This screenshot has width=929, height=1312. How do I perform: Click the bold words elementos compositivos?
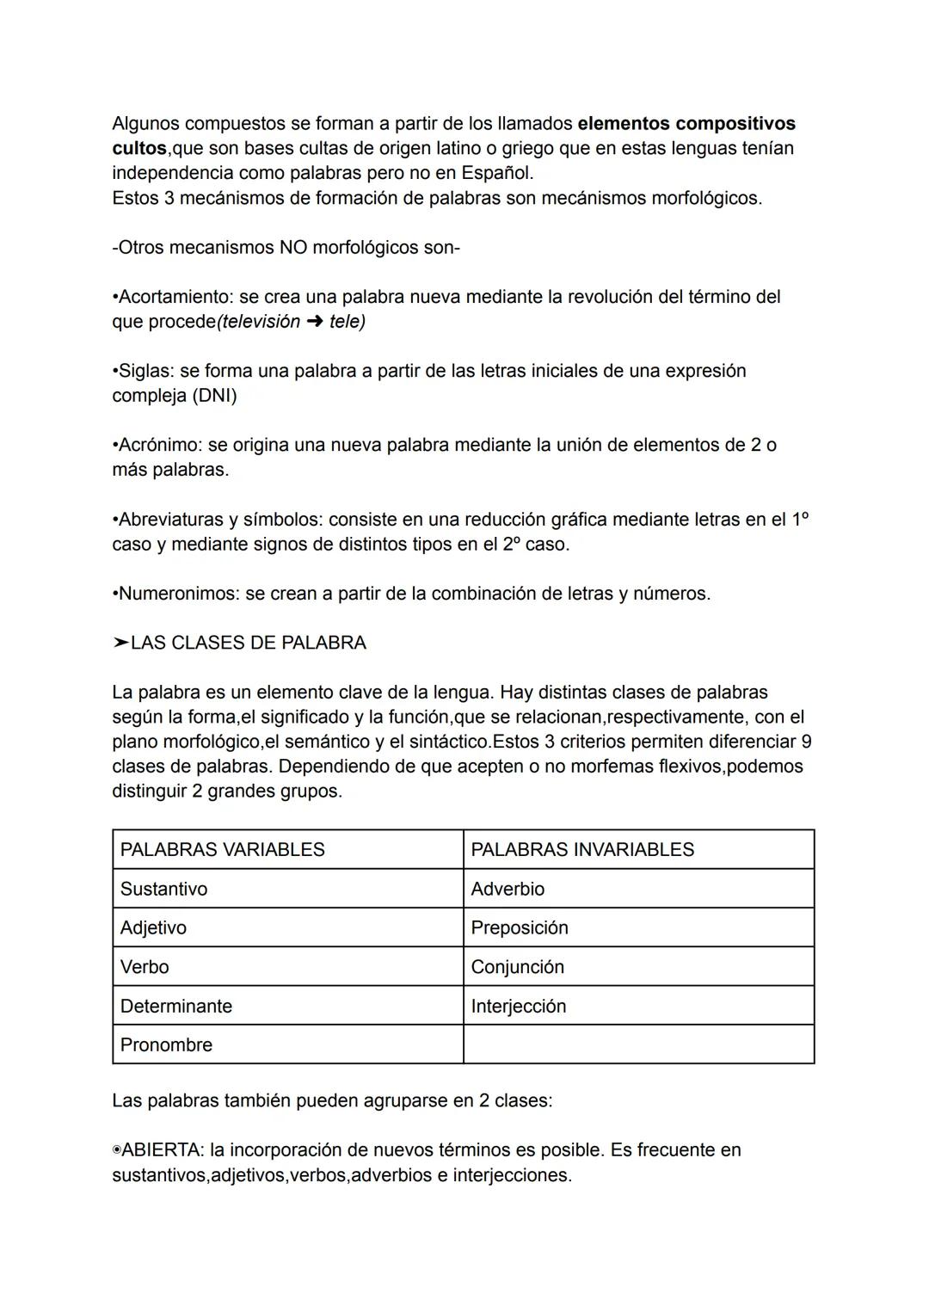coord(686,124)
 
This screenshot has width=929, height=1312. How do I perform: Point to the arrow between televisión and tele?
coord(314,323)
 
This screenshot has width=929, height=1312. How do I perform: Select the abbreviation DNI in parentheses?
coord(217,397)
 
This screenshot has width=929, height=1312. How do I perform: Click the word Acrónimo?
coord(158,446)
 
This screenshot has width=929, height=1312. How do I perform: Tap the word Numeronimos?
coord(178,594)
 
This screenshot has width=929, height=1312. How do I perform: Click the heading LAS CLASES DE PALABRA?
coord(248,644)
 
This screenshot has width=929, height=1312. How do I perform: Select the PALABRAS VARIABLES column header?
coord(222,850)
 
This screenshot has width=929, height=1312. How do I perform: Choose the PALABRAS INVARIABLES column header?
coord(581,850)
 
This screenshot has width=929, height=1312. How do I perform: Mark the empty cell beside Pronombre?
coord(638,1044)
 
